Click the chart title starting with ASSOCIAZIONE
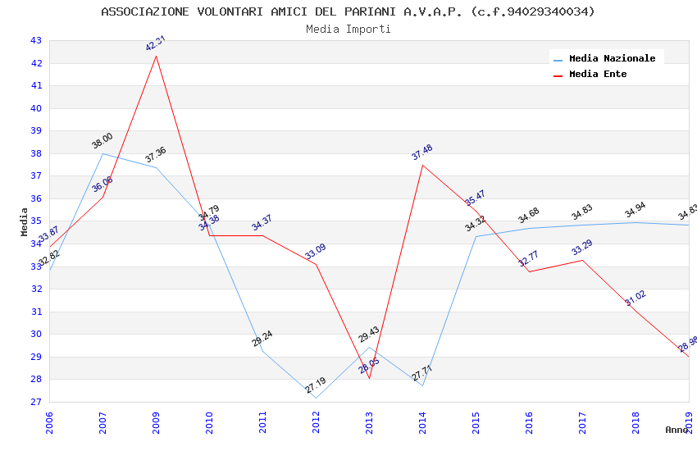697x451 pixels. coord(348,11)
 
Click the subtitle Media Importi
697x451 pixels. coord(348,30)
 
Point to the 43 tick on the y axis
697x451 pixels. coord(35,40)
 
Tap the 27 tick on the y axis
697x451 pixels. coord(35,402)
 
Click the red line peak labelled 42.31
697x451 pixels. coord(156,55)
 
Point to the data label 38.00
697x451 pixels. coord(102,141)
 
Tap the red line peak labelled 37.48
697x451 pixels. coord(422,165)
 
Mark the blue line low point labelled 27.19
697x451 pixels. coord(316,398)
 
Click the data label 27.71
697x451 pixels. coord(422,374)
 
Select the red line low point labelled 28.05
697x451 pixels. coord(369,378)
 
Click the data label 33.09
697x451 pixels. coord(316,252)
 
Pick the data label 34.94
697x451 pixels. coord(635,211)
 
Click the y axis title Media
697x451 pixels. coord(25,221)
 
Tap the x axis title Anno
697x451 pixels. coord(676,430)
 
